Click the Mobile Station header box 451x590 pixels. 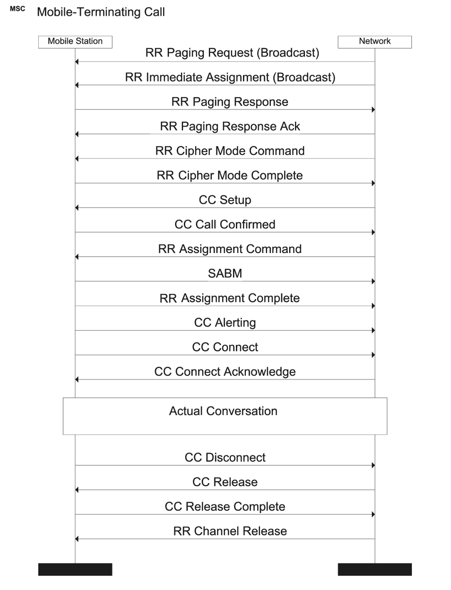click(75, 42)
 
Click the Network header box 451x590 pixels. click(374, 42)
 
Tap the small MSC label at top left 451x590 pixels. click(17, 9)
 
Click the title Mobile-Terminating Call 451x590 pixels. click(101, 12)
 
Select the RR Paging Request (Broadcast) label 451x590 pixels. click(232, 53)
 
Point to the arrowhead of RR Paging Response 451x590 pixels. click(373, 110)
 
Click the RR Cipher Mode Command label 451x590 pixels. click(230, 151)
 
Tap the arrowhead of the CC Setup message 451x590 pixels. click(77, 208)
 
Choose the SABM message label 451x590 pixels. click(225, 273)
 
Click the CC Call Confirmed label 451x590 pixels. click(225, 225)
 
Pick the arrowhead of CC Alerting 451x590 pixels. click(373, 330)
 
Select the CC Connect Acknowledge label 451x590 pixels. click(225, 372)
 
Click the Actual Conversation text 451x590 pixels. click(223, 411)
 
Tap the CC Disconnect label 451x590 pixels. click(225, 457)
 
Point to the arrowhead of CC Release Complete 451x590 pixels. click(373, 514)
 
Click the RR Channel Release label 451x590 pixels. click(230, 531)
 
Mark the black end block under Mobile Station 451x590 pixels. click(75, 569)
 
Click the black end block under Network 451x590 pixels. click(374, 569)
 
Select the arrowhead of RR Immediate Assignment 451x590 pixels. click(77, 85)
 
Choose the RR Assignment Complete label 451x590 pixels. click(230, 298)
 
